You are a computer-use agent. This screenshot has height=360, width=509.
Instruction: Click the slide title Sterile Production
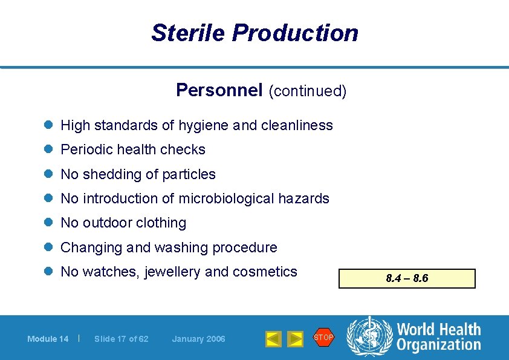[x=254, y=33]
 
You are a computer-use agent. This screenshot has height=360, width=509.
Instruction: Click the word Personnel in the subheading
[x=219, y=90]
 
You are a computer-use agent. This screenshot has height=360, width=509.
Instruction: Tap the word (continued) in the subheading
[x=307, y=91]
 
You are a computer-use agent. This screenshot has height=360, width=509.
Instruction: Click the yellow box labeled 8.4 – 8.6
[x=407, y=279]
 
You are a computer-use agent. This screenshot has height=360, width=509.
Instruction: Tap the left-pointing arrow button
[x=273, y=339]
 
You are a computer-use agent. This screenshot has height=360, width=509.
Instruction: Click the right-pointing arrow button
[x=295, y=339]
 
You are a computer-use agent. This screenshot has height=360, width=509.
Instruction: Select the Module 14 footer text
[x=48, y=339]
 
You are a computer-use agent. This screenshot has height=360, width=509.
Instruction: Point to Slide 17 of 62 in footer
[x=121, y=339]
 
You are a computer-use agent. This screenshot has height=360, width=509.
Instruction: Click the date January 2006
[x=198, y=339]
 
